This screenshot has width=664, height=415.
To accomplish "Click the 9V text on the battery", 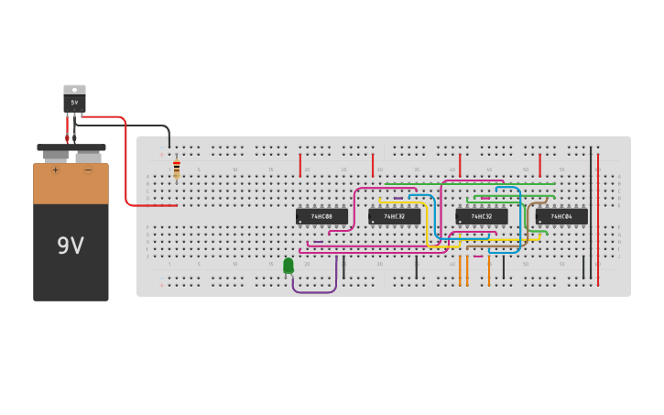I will [71, 246].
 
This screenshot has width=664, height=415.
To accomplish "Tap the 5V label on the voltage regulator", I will [74, 103].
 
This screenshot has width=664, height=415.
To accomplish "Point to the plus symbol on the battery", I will [55, 169].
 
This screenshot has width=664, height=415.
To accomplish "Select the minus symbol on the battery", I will [88, 169].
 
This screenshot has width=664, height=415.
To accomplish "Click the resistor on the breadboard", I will [177, 170].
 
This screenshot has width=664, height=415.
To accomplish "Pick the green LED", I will [288, 266].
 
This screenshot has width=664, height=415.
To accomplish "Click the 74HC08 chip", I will [321, 217].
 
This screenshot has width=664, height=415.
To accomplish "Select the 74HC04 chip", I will [561, 217].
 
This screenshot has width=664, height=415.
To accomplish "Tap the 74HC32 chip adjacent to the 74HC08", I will [394, 217].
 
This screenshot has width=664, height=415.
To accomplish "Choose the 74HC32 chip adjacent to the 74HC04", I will [482, 217].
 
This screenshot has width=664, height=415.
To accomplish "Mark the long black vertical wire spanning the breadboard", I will [591, 211].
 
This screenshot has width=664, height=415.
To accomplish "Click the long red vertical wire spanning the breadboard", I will [598, 220].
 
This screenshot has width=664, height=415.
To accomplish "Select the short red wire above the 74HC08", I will [299, 165].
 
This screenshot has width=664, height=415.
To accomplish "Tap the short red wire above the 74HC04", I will [539, 165].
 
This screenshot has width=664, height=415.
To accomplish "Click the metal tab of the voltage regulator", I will [74, 90].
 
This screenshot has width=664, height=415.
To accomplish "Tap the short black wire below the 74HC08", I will [343, 268].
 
